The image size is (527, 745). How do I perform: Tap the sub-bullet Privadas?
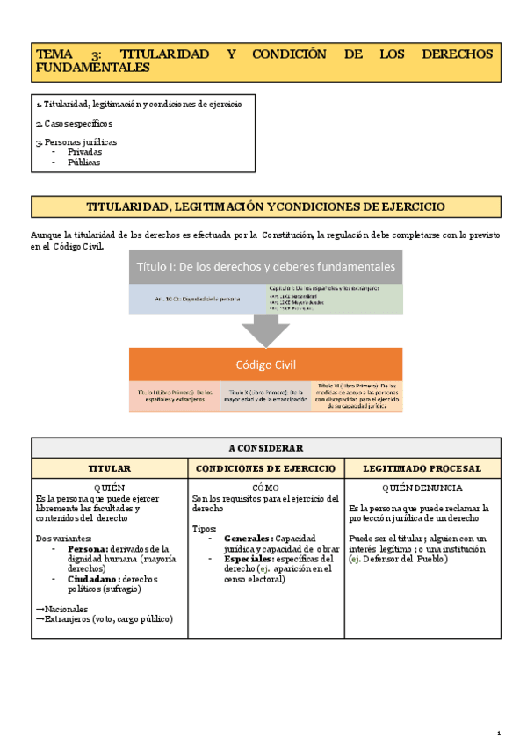click(85, 151)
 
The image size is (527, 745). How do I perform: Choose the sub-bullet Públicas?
click(84, 162)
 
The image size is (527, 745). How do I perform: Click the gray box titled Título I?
click(265, 267)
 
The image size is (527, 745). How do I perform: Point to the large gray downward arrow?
click(265, 330)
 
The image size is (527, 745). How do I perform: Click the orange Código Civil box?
click(265, 365)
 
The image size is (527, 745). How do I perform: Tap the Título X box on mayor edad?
click(265, 397)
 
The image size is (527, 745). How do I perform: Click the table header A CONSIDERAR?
click(265, 447)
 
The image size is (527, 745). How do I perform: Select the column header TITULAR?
click(110, 468)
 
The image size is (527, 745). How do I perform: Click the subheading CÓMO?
click(265, 488)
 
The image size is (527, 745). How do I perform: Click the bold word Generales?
click(248, 538)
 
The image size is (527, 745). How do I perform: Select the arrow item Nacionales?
click(62, 608)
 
